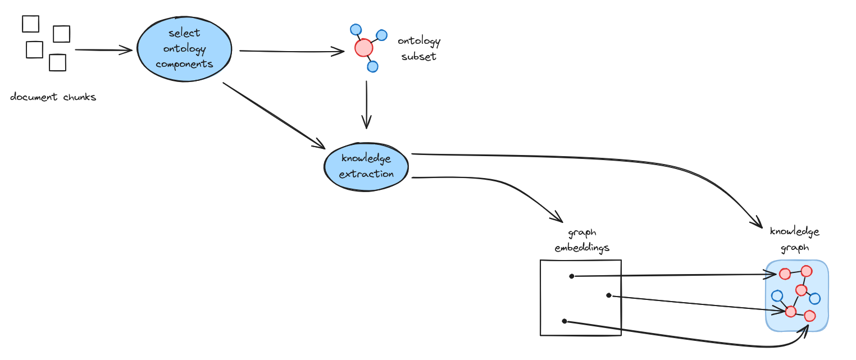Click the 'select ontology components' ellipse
pyautogui.click(x=184, y=49)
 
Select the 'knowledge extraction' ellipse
pyautogui.click(x=366, y=167)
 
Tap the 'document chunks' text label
pyautogui.click(x=53, y=97)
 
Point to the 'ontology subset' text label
pyautogui.click(x=419, y=49)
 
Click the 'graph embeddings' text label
pyautogui.click(x=582, y=240)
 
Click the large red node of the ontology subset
pyautogui.click(x=364, y=48)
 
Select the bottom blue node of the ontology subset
pyautogui.click(x=372, y=67)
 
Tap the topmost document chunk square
pyautogui.click(x=30, y=24)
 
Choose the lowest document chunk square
pyautogui.click(x=57, y=62)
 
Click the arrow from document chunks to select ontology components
pyautogui.click(x=103, y=50)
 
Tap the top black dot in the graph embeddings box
pyautogui.click(x=571, y=276)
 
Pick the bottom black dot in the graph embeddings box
pyautogui.click(x=564, y=321)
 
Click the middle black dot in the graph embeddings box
pyautogui.click(x=608, y=295)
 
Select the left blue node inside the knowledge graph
pyautogui.click(x=777, y=295)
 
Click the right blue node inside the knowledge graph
pyautogui.click(x=814, y=298)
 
